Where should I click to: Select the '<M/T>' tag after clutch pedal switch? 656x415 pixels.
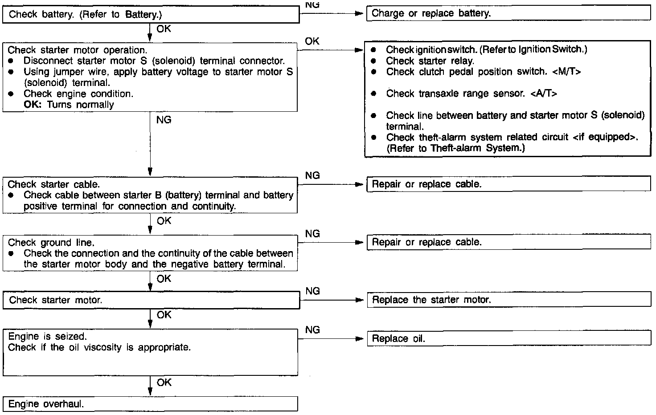[x=566, y=72]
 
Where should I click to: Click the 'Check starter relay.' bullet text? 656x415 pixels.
[x=430, y=61]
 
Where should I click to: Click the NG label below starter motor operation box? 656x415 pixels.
[x=164, y=120]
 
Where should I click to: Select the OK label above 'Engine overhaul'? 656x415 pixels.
[x=164, y=382]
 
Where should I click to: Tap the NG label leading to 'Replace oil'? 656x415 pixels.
[x=312, y=330]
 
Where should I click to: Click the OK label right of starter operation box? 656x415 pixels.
[x=312, y=41]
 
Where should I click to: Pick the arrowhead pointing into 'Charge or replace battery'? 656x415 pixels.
[x=359, y=13]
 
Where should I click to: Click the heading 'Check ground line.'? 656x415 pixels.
[x=51, y=243]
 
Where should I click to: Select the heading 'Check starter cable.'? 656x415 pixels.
[x=54, y=184]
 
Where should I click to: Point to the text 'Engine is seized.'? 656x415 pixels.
[x=48, y=336]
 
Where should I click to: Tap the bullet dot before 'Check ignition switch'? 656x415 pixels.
[x=373, y=50]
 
